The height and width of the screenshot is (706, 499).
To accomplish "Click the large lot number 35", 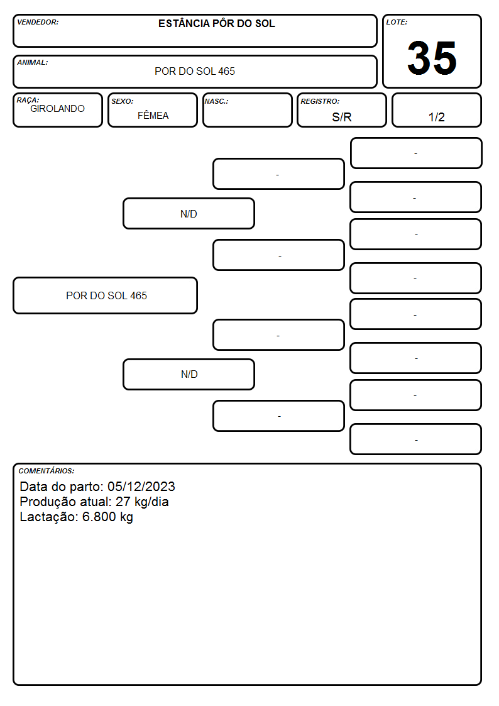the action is pyautogui.click(x=432, y=58).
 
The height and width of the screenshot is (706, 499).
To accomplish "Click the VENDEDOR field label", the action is pyautogui.click(x=38, y=22).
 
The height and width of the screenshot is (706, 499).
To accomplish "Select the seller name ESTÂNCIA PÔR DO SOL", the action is pyautogui.click(x=216, y=23).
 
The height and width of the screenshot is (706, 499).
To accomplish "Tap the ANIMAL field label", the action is pyautogui.click(x=33, y=62).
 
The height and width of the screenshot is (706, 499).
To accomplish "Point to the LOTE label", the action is pyautogui.click(x=397, y=22).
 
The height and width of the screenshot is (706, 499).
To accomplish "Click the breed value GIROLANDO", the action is pyautogui.click(x=57, y=109).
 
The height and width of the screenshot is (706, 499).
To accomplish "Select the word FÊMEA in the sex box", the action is pyautogui.click(x=153, y=115).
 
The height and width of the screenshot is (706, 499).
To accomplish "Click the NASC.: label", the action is pyautogui.click(x=216, y=101).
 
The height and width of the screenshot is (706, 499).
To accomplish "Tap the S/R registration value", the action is pyautogui.click(x=341, y=117).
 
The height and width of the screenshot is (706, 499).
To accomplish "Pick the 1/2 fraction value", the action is pyautogui.click(x=436, y=117).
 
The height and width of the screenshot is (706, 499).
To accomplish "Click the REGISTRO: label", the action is pyautogui.click(x=320, y=101).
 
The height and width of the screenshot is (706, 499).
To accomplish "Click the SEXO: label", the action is pyautogui.click(x=123, y=101).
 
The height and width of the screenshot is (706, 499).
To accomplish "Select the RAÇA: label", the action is pyautogui.click(x=28, y=100).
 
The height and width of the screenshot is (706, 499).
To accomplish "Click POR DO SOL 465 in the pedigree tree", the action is pyautogui.click(x=107, y=295).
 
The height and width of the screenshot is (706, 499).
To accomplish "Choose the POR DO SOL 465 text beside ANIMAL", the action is pyautogui.click(x=195, y=71).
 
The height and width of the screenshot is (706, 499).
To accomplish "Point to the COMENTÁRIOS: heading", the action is pyautogui.click(x=47, y=471).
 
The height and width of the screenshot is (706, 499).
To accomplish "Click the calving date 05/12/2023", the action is pyautogui.click(x=141, y=486).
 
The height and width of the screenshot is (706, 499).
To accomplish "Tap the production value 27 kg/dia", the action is pyautogui.click(x=142, y=502).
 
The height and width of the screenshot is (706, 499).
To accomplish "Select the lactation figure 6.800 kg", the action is pyautogui.click(x=107, y=517).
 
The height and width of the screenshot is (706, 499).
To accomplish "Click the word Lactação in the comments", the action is pyautogui.click(x=48, y=517).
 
